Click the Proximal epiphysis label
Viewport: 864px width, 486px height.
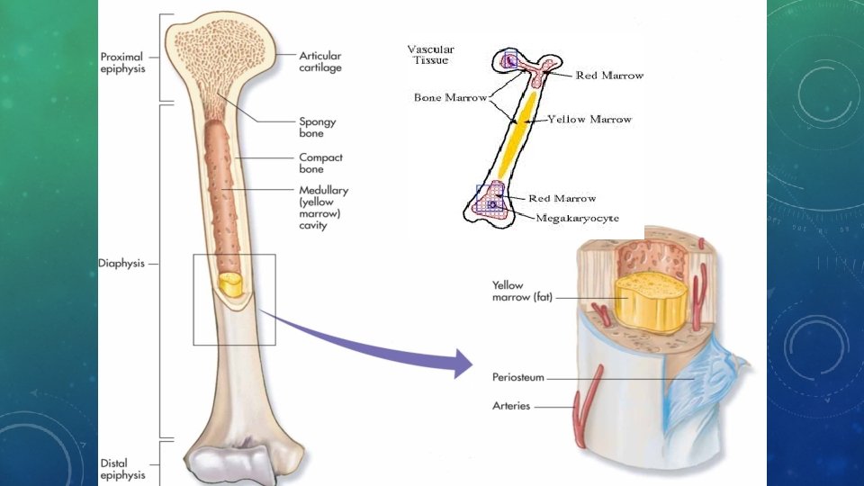tap(121, 63)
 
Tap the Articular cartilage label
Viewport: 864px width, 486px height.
tap(320, 61)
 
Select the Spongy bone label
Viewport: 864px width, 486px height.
tap(318, 127)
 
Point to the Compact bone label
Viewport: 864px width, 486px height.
tap(321, 163)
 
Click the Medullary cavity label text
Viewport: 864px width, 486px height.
tap(323, 208)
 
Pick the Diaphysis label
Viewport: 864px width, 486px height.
tap(121, 265)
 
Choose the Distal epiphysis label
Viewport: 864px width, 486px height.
tap(121, 469)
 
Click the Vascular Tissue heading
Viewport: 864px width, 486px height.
tap(430, 54)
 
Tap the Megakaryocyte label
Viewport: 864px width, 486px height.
tap(577, 218)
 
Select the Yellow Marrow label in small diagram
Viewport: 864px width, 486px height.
tap(589, 119)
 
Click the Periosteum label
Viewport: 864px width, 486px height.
tap(518, 377)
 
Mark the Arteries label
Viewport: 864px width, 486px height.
tap(511, 406)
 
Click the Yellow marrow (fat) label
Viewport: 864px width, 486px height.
tap(521, 291)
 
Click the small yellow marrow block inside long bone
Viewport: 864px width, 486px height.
tap(231, 286)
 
